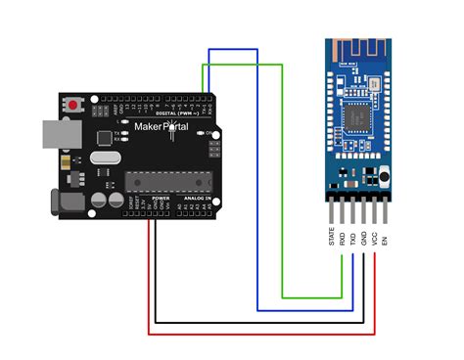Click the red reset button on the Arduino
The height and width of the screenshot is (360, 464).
tap(74, 103)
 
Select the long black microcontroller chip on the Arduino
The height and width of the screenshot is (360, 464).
tap(166, 180)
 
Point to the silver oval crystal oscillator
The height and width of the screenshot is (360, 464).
tap(105, 156)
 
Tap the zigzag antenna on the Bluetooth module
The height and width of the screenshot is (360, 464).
tap(357, 54)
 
